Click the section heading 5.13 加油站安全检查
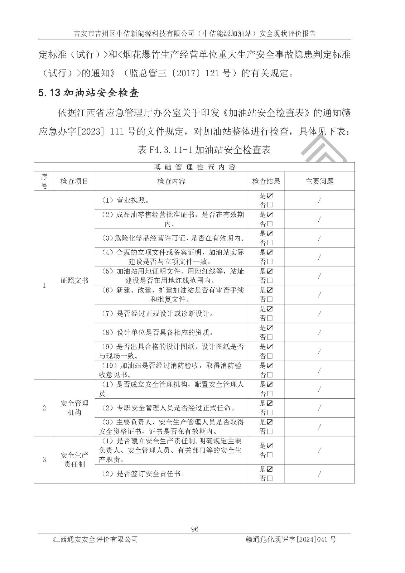click(x=88, y=93)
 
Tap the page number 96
click(x=195, y=529)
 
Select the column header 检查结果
click(x=266, y=181)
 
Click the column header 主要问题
click(x=319, y=181)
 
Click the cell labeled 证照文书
click(x=74, y=280)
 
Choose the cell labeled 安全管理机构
click(x=74, y=408)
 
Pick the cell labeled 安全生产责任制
click(x=74, y=459)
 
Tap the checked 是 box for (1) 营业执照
click(x=270, y=196)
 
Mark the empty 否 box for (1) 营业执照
click(x=270, y=205)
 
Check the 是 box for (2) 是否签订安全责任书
click(x=270, y=469)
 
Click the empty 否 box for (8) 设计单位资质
click(x=270, y=337)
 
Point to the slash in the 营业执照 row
click(x=319, y=200)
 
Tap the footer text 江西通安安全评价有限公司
click(x=95, y=539)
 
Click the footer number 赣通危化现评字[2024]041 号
click(x=291, y=539)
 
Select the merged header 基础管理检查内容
click(x=194, y=167)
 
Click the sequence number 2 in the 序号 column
click(x=44, y=408)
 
